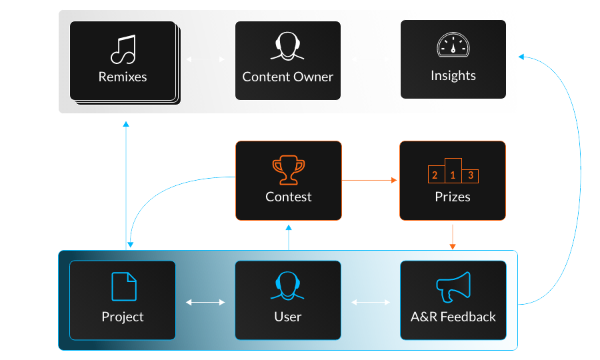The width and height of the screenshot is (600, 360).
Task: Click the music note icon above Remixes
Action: click(123, 49)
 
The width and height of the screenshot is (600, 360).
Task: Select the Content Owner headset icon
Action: click(288, 49)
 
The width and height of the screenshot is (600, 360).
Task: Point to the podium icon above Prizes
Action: click(453, 171)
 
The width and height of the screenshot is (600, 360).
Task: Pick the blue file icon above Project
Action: click(123, 286)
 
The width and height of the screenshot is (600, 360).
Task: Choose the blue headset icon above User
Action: click(288, 287)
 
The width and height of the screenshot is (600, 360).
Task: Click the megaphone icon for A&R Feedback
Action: click(453, 287)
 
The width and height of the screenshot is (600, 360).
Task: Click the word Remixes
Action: click(123, 77)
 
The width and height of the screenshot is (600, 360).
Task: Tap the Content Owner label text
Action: click(288, 77)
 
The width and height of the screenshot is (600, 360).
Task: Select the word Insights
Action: click(453, 75)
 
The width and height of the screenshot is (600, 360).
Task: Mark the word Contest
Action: click(288, 197)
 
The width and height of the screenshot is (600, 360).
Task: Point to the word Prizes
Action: click(453, 197)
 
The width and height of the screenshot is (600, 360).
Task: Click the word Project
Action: click(123, 317)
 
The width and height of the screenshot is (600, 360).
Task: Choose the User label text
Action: click(288, 317)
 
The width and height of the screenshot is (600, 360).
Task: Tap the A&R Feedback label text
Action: click(453, 317)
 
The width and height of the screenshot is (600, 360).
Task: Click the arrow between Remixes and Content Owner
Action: click(205, 59)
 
